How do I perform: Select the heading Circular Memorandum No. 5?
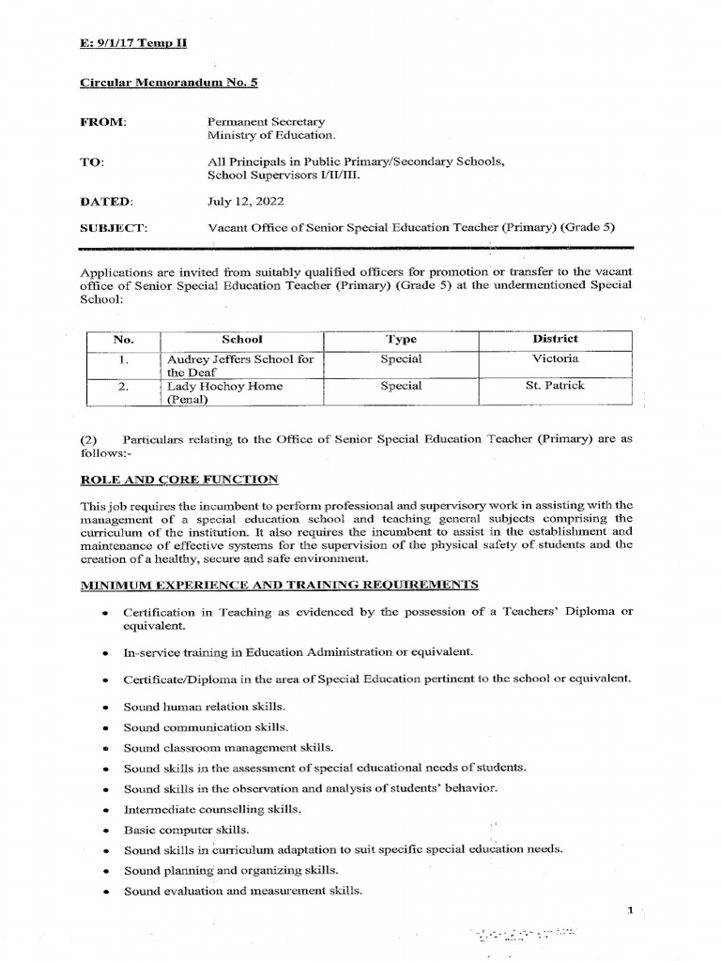tap(169, 83)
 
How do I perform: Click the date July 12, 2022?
tap(245, 200)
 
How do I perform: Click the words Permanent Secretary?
tap(266, 122)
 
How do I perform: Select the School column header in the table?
tap(241, 339)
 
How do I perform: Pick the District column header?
tap(556, 339)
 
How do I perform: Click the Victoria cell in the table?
tap(556, 358)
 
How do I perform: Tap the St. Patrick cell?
tap(556, 386)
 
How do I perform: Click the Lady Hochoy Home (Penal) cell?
tap(224, 392)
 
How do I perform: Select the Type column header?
tap(401, 339)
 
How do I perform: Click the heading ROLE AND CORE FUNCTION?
tap(179, 480)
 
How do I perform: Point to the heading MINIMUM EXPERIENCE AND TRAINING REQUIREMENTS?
tap(280, 585)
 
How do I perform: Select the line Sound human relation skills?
tap(205, 706)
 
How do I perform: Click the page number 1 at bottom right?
tap(632, 910)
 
